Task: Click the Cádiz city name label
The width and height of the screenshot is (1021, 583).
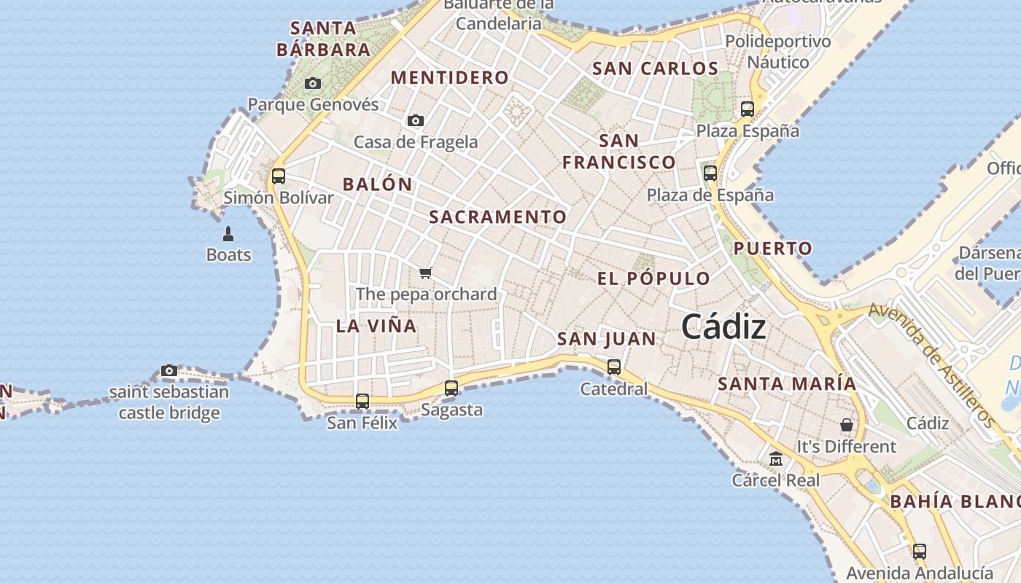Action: pyautogui.click(x=723, y=327)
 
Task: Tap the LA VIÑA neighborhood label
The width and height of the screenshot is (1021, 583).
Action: pyautogui.click(x=376, y=326)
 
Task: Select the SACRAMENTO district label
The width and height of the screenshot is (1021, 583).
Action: pyautogui.click(x=497, y=217)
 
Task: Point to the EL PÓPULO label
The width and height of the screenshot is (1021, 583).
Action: pyautogui.click(x=653, y=278)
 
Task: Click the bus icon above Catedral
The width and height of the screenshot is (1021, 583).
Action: pyautogui.click(x=614, y=367)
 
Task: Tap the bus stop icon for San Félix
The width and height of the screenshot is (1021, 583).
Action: pyautogui.click(x=362, y=401)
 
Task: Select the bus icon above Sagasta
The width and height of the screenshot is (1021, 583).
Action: pyautogui.click(x=451, y=388)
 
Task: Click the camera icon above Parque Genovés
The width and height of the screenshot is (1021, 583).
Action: pyautogui.click(x=313, y=83)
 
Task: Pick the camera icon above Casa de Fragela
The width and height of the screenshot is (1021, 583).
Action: pyautogui.click(x=416, y=120)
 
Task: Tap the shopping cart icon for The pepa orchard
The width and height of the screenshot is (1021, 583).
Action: pyautogui.click(x=426, y=273)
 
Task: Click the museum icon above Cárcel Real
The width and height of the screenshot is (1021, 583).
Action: pyautogui.click(x=776, y=459)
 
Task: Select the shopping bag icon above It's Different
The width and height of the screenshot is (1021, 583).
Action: pyautogui.click(x=847, y=424)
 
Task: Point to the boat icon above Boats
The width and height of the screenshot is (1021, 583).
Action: pyautogui.click(x=228, y=234)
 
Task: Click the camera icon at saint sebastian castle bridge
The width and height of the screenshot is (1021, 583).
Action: pyautogui.click(x=169, y=371)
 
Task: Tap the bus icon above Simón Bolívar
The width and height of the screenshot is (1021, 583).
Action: pyautogui.click(x=279, y=176)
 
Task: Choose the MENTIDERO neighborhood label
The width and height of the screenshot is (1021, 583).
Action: pyautogui.click(x=449, y=77)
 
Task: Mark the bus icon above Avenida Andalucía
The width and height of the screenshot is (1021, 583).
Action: pyautogui.click(x=920, y=551)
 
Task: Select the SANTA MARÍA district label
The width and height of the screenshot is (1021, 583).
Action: pyautogui.click(x=787, y=383)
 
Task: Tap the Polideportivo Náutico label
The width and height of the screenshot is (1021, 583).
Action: pyautogui.click(x=777, y=52)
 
